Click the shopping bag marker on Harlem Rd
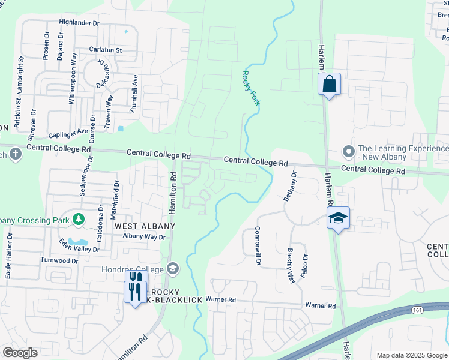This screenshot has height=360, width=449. click(329, 84)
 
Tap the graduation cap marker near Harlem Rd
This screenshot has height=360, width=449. click(339, 218)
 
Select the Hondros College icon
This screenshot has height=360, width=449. click(173, 268)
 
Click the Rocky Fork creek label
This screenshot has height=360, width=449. click(250, 88)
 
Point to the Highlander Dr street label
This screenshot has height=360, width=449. click(79, 22)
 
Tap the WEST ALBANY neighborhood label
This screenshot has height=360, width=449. click(145, 226)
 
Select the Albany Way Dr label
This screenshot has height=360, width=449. click(143, 237)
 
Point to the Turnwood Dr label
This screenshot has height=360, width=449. click(59, 260)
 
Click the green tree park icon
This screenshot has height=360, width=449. click(78, 220)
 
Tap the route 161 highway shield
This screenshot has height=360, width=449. click(415, 310)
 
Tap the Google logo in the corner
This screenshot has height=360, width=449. click(19, 353)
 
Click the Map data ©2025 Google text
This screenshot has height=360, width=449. click(411, 355)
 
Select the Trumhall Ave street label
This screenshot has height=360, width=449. click(135, 94)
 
